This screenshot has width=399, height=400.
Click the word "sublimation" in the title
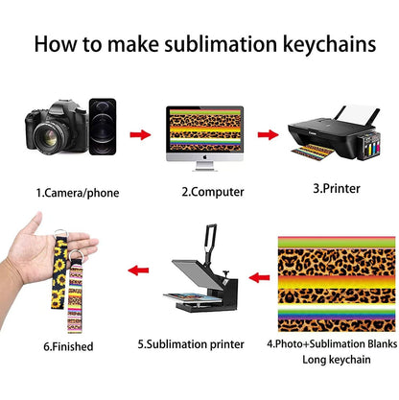click(x=221, y=43)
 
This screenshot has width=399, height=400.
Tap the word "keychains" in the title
click(x=330, y=45)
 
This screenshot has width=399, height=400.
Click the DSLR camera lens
click(x=51, y=137)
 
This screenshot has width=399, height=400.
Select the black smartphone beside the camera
click(x=103, y=127)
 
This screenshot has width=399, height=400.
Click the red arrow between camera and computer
click(x=140, y=134)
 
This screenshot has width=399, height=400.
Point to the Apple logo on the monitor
click(x=204, y=157)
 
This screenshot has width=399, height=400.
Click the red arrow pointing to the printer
click(x=268, y=134)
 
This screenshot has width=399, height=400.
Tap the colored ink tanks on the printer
click(x=371, y=147)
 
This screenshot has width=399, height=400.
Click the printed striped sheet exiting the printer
click(x=312, y=153)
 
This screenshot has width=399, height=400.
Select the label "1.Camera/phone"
click(x=78, y=193)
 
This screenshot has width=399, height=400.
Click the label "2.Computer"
click(x=213, y=192)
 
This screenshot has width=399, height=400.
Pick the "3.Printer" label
click(x=337, y=188)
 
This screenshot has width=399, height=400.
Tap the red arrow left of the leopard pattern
click(x=259, y=277)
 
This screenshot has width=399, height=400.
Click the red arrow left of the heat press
click(x=138, y=271)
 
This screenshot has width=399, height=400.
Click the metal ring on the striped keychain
click(x=76, y=256)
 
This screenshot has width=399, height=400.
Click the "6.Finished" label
click(x=68, y=346)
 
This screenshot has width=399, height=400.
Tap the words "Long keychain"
click(x=337, y=360)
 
